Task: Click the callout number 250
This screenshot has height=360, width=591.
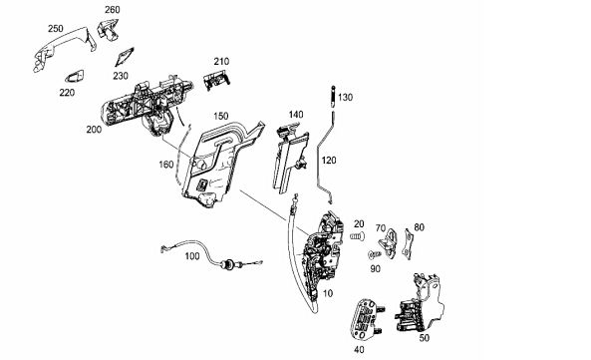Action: coord(56,29)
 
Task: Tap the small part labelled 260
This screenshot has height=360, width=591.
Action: coord(108,29)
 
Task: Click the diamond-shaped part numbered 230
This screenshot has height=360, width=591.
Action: coord(124,57)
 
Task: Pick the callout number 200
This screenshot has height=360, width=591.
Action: coord(94,130)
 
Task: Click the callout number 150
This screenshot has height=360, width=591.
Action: coord(221,116)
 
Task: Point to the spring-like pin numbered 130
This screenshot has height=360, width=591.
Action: coord(333,97)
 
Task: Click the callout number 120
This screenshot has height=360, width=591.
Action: coord(329,161)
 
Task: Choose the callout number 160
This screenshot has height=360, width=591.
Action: coord(166,165)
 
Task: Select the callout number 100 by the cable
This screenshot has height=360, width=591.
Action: coord(192,256)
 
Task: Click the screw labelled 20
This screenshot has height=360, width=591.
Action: coord(357,236)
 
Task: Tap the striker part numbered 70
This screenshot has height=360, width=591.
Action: coord(389,244)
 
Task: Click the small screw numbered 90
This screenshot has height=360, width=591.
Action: coord(374,255)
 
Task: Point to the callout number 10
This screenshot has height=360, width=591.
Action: coord(328,293)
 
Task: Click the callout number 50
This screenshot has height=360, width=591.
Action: coord(425,338)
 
